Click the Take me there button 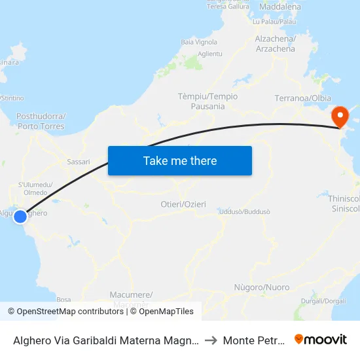(x=180, y=160)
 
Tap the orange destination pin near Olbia (x=340, y=117)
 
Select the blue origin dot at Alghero (x=20, y=216)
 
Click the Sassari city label (x=79, y=161)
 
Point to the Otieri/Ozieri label (x=183, y=204)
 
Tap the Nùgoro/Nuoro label (x=261, y=287)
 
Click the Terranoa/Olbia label (x=302, y=98)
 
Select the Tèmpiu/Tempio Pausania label (x=207, y=101)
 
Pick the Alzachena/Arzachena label (x=275, y=44)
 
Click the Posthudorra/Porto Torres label (x=40, y=121)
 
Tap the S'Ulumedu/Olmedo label (x=35, y=189)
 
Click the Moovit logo (x=321, y=340)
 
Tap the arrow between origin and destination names (x=211, y=340)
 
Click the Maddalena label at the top (x=279, y=7)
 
